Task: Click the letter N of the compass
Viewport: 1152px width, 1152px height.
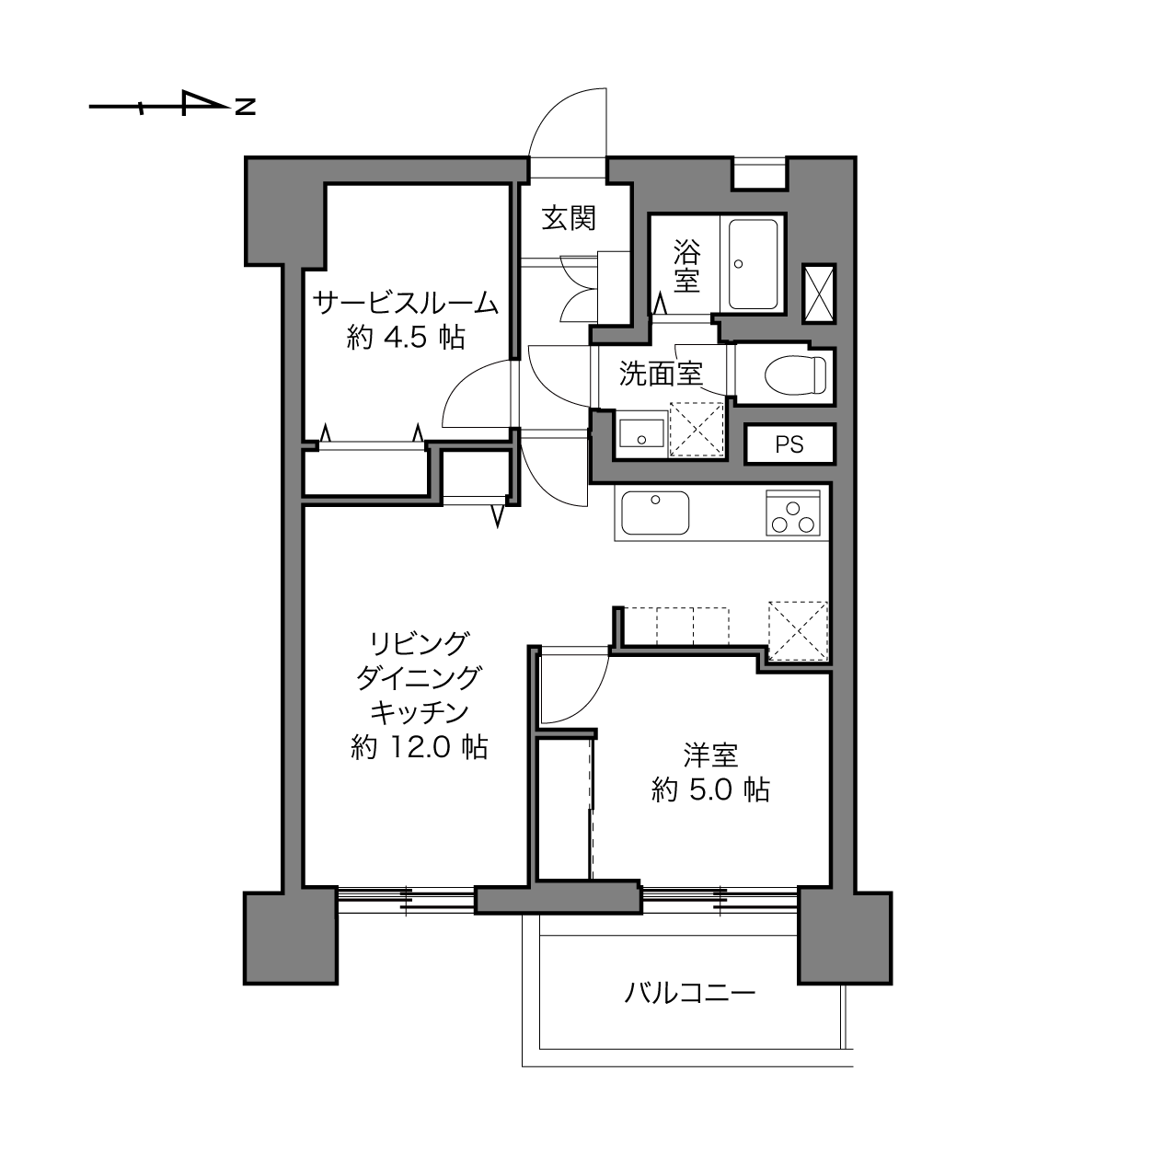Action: click(x=245, y=107)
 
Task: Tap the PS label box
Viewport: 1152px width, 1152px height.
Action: click(x=789, y=444)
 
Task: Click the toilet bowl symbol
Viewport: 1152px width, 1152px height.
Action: click(x=795, y=375)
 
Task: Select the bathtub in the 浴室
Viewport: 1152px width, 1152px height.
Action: click(x=753, y=264)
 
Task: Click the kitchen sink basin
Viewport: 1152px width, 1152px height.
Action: click(x=655, y=513)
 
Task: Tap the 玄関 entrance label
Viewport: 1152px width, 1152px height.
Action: click(x=569, y=218)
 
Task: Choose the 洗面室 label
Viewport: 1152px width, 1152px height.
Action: click(x=661, y=374)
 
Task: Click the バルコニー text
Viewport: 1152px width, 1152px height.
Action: click(x=690, y=993)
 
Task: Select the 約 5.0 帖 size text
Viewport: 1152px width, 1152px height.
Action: click(x=711, y=790)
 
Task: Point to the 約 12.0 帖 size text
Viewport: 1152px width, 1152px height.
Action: click(x=419, y=747)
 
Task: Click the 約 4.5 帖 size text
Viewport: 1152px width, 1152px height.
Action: click(x=406, y=339)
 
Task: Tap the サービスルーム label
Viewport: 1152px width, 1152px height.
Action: click(x=406, y=303)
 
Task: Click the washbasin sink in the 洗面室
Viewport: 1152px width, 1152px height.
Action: click(x=641, y=433)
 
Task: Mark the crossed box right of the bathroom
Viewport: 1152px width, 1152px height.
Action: click(x=819, y=294)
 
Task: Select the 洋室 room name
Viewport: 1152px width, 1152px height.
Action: click(x=711, y=755)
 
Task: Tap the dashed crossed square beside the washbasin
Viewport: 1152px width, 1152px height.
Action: click(x=697, y=430)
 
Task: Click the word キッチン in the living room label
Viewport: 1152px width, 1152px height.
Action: click(x=419, y=712)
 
